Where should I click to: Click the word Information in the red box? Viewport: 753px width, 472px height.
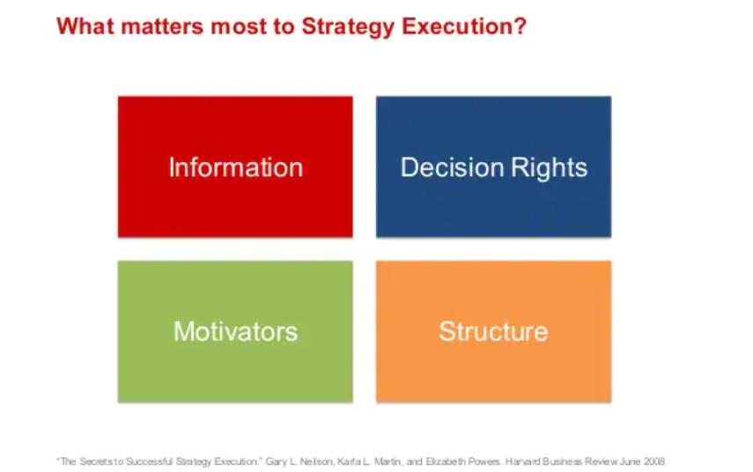coord(236,167)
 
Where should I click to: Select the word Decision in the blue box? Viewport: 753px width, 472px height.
coord(453,167)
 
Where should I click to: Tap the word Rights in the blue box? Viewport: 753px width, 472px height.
coord(550,168)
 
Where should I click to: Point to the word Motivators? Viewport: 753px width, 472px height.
coord(235,331)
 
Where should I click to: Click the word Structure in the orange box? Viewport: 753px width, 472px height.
coord(494,331)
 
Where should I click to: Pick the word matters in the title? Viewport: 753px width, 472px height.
coord(162,26)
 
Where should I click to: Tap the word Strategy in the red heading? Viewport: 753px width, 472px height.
coord(348,27)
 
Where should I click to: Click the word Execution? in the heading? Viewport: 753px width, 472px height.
coord(464,26)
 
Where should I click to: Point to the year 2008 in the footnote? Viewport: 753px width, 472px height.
coord(654,461)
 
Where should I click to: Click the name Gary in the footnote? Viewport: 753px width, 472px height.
coord(275,462)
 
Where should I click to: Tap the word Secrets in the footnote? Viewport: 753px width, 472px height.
coord(94,461)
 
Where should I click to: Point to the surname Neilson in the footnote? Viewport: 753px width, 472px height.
coord(316,461)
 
